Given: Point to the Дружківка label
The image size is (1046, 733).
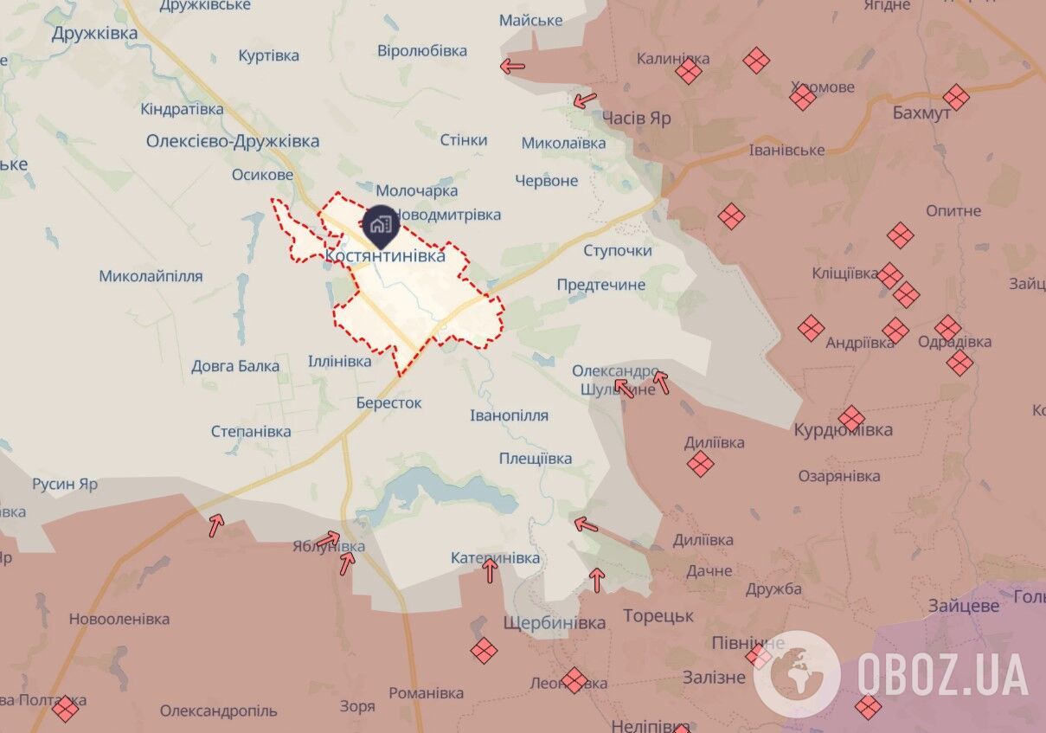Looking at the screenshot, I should [94, 34].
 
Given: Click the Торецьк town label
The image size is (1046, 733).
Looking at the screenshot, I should [658, 616].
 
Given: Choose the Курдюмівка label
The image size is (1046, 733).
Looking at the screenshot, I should [844, 430].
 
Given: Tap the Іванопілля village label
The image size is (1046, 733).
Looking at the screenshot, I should [509, 415].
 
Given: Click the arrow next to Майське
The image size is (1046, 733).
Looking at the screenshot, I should [512, 65].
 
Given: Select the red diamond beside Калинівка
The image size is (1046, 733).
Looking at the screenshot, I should [689, 71].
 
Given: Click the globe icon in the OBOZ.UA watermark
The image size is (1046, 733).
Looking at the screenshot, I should [796, 673].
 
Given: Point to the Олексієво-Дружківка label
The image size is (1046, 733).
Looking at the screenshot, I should [233, 141].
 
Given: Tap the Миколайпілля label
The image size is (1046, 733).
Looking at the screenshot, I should [151, 276].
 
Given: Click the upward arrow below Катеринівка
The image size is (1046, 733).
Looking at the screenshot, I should [491, 570].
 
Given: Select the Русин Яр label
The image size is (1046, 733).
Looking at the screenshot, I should [65, 484].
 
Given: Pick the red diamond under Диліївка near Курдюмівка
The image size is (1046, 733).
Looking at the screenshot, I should [701, 464].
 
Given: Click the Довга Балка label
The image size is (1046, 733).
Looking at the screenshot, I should [235, 366].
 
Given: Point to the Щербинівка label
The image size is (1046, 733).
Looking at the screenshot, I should [555, 623].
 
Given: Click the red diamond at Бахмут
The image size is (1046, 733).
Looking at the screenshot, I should [956, 97].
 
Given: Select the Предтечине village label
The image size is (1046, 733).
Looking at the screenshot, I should [601, 285].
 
